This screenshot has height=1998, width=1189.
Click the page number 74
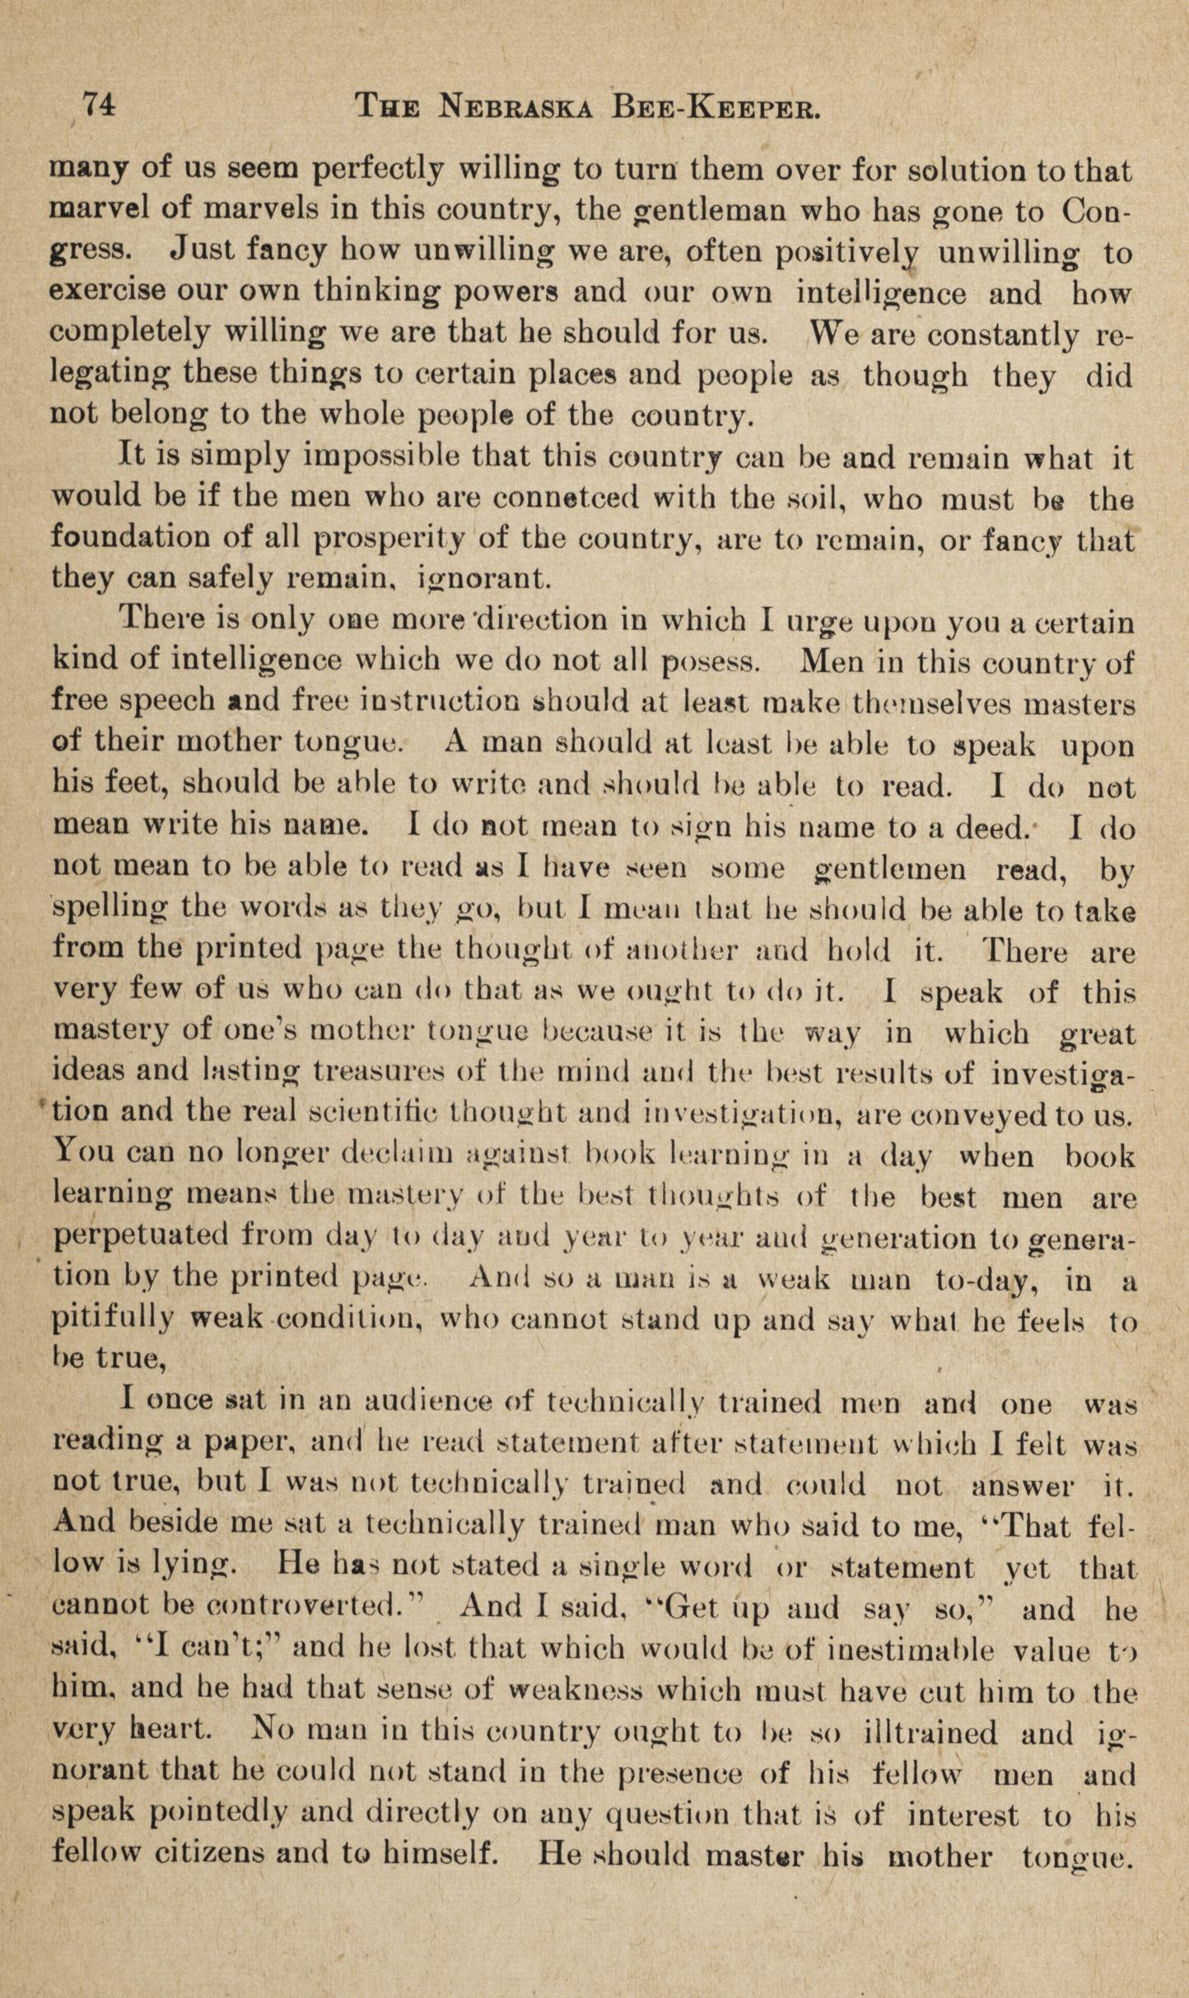[96, 106]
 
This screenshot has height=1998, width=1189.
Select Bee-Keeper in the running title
[716, 107]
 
